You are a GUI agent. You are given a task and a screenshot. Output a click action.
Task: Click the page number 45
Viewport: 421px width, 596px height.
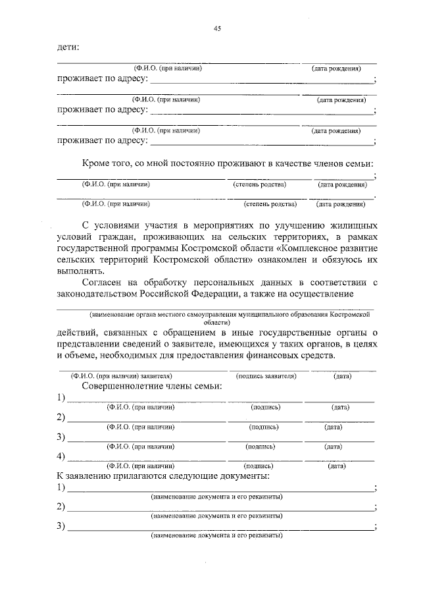pyautogui.click(x=217, y=28)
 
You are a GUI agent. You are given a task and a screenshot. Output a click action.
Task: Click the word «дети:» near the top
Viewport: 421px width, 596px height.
pyautogui.click(x=67, y=47)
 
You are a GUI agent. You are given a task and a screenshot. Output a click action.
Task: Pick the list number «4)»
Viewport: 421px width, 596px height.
pyautogui.click(x=61, y=455)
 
